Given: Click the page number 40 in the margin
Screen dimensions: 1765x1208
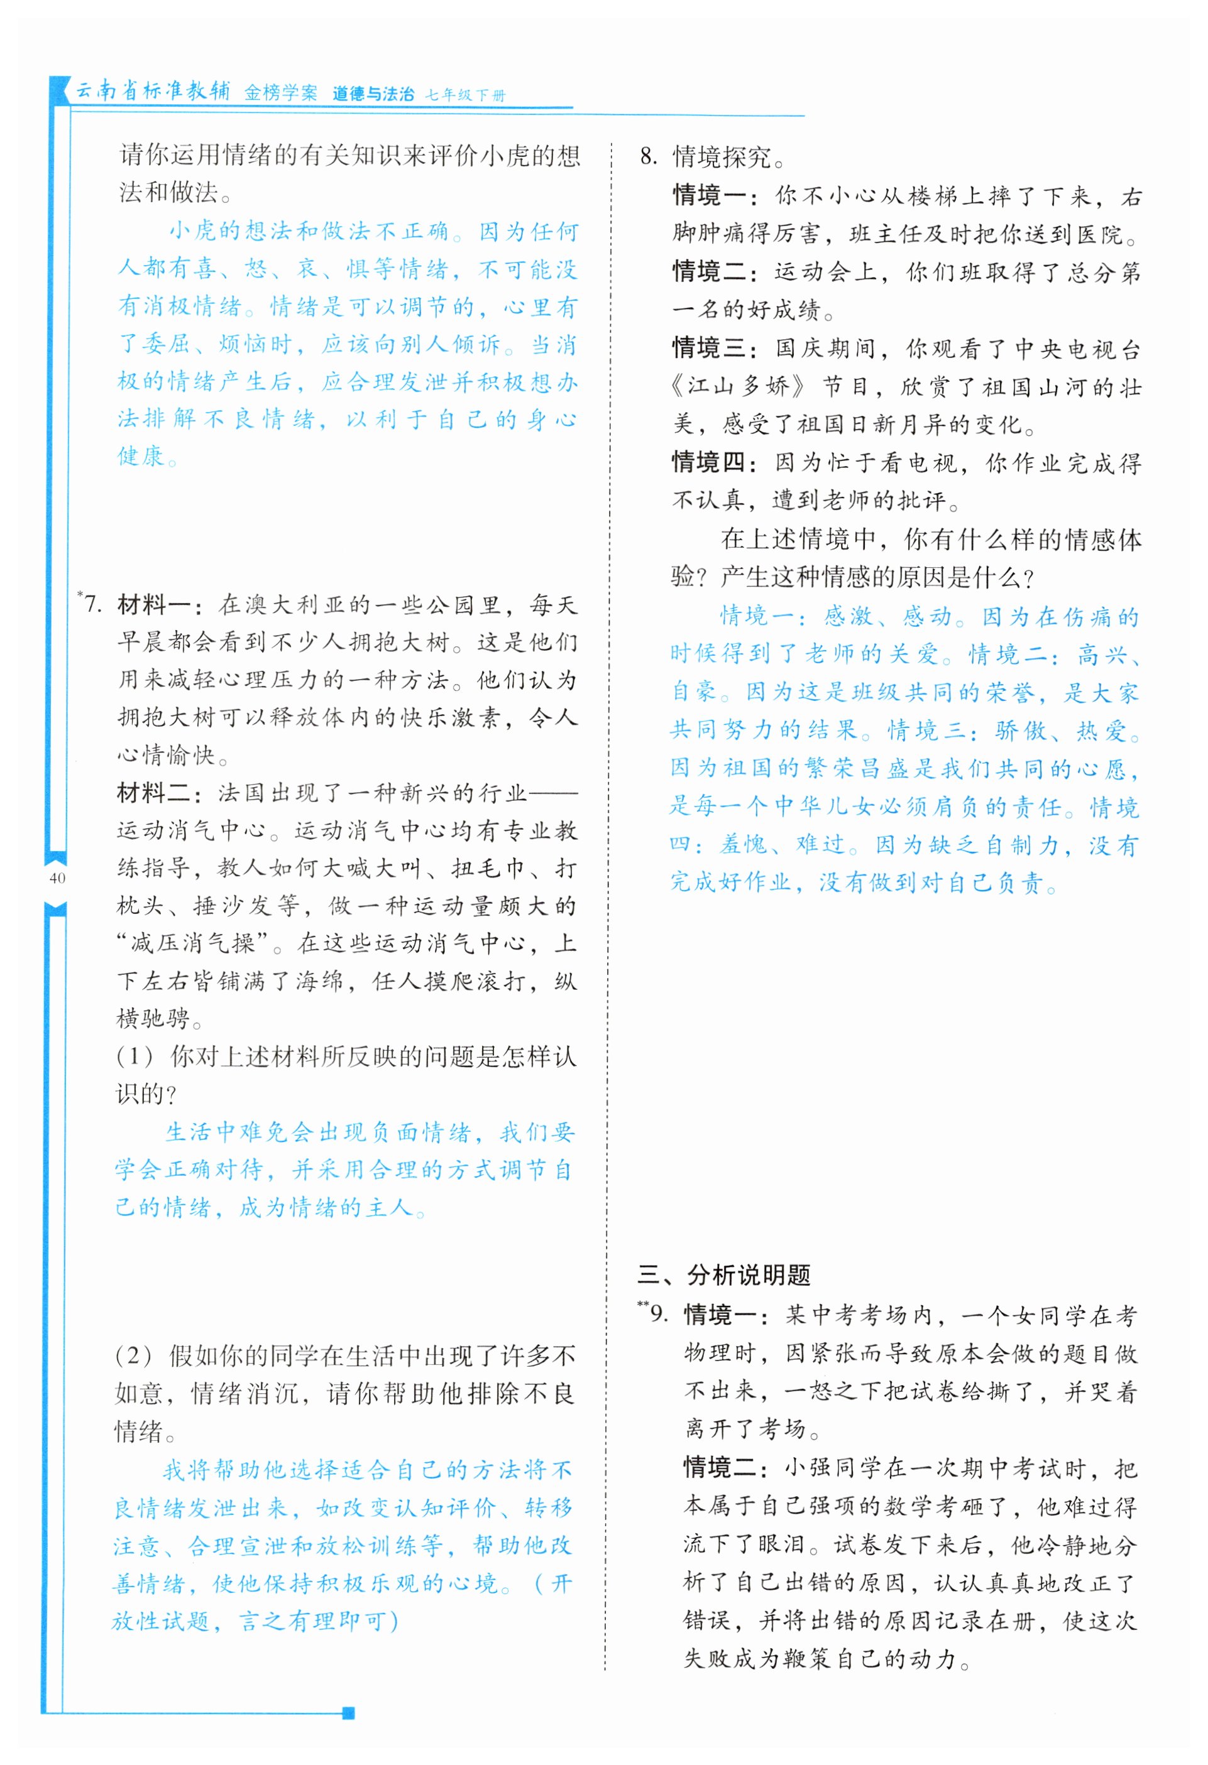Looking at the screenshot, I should coord(57,879).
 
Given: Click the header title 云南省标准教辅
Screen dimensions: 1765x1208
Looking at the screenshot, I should coord(153,91).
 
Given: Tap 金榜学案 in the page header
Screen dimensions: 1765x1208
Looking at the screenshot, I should coord(280,94).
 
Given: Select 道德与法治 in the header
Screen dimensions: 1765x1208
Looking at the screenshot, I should coord(373,94).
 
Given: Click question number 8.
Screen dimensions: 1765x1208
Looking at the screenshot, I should coord(647,157).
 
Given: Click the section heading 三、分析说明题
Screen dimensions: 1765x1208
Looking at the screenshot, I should coord(724,1274).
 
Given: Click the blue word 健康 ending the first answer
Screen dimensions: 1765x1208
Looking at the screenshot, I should coord(141,457).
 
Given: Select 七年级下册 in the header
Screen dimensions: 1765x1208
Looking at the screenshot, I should coord(465,95).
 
